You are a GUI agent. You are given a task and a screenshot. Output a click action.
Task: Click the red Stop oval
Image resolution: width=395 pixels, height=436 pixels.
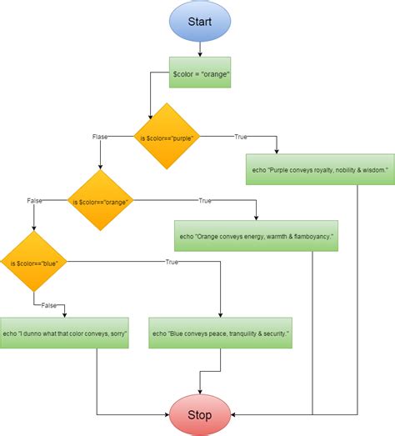tap(200, 413)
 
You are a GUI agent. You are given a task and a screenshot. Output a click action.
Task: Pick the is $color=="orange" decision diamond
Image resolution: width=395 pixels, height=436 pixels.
tap(100, 201)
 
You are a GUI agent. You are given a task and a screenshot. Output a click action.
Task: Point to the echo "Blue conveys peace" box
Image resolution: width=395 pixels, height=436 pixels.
tap(220, 333)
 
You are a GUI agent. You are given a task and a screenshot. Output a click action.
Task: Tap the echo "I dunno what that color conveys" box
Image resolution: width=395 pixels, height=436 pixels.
tap(65, 333)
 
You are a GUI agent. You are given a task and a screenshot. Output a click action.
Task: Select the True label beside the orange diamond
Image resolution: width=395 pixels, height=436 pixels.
tap(205, 201)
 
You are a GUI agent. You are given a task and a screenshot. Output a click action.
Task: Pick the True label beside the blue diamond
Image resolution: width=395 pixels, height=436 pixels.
tap(172, 263)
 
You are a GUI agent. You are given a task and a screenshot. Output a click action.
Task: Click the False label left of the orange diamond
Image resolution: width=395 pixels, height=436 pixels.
tap(35, 201)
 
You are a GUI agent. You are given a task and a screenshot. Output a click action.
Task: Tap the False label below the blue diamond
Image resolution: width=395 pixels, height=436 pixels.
tap(49, 306)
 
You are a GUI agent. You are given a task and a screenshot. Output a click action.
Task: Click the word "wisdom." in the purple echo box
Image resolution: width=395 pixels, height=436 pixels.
tap(374, 169)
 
